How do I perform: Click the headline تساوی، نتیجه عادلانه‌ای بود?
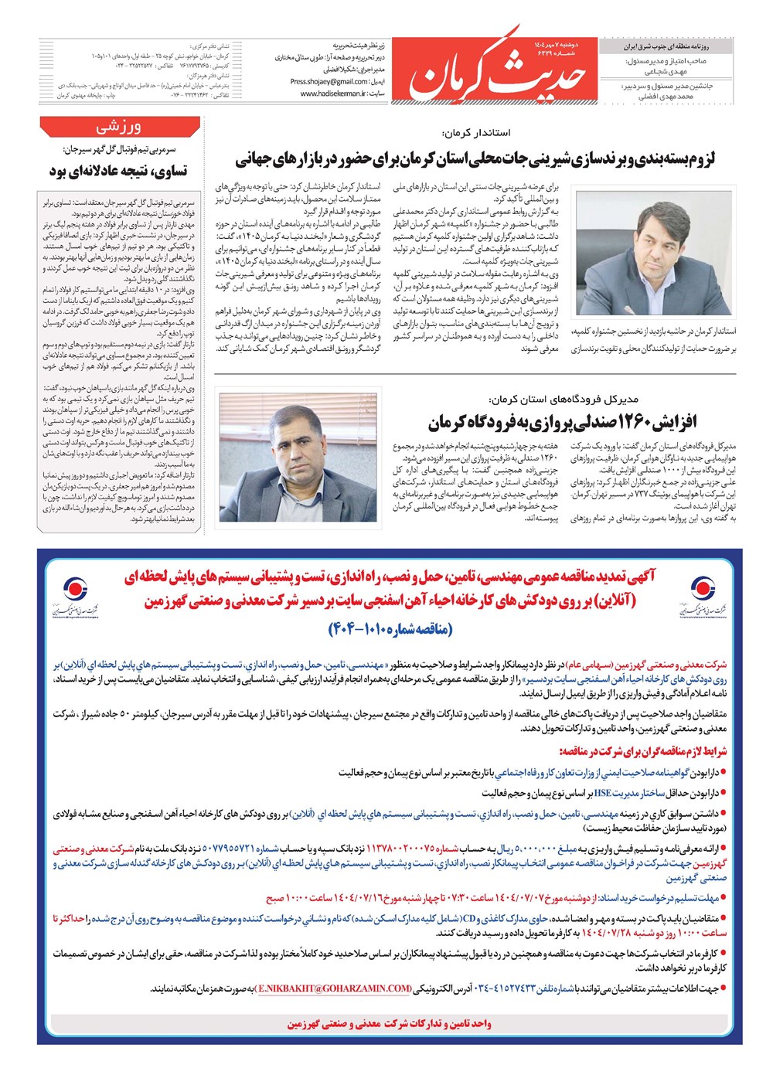pyautogui.click(x=118, y=170)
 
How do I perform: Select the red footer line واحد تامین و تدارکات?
pyautogui.click(x=389, y=1023)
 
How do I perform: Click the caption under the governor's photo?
pyautogui.click(x=654, y=340)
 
